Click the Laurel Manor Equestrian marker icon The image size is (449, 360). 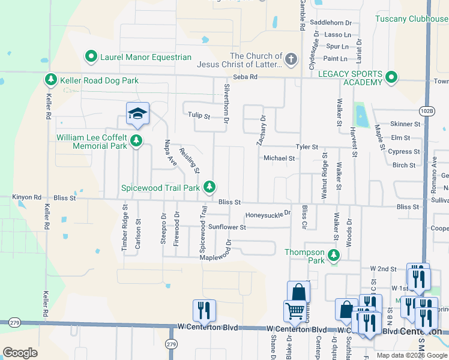tap(92, 57)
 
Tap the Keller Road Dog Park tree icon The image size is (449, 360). tap(51, 80)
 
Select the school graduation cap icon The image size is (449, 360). tap(137, 113)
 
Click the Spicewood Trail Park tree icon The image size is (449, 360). tap(209, 187)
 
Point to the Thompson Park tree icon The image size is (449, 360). tap(334, 257)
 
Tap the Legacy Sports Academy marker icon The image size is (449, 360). tap(391, 77)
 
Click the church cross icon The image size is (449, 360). tap(291, 59)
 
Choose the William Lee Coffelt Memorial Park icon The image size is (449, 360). tap(137, 141)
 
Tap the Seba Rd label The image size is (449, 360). tap(245, 77)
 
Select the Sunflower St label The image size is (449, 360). tap(227, 227)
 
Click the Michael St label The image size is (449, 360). tap(279, 158)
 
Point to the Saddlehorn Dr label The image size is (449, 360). tap(331, 23)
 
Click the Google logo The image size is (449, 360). tap(20, 353)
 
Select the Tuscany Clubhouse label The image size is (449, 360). tap(412, 19)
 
